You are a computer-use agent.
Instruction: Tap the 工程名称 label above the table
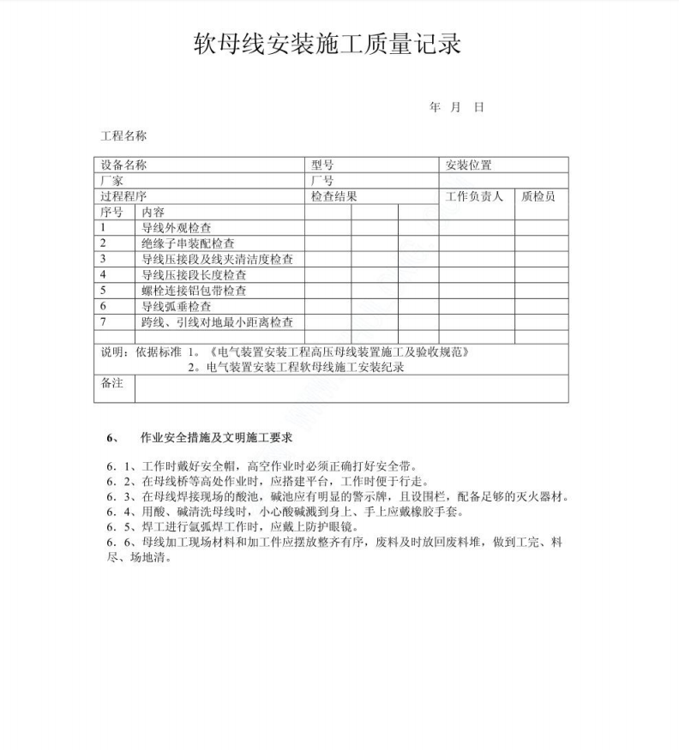(x=123, y=135)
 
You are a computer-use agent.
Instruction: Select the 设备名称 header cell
(x=123, y=165)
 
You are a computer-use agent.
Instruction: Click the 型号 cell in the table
(x=322, y=165)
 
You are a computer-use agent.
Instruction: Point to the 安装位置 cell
(x=469, y=165)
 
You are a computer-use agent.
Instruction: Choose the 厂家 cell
(x=112, y=181)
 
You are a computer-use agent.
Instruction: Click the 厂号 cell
(x=322, y=181)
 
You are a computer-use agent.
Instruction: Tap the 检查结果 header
(x=333, y=196)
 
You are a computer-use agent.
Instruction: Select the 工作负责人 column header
(x=474, y=196)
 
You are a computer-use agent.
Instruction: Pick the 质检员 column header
(x=538, y=196)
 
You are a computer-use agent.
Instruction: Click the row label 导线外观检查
(x=177, y=228)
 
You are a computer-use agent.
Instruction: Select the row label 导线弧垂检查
(x=177, y=306)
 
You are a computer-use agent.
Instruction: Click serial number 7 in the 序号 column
(x=103, y=322)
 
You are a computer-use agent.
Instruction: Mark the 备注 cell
(x=112, y=384)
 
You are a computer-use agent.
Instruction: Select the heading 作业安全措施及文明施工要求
(x=216, y=437)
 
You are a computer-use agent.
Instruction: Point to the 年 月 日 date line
(x=457, y=107)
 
